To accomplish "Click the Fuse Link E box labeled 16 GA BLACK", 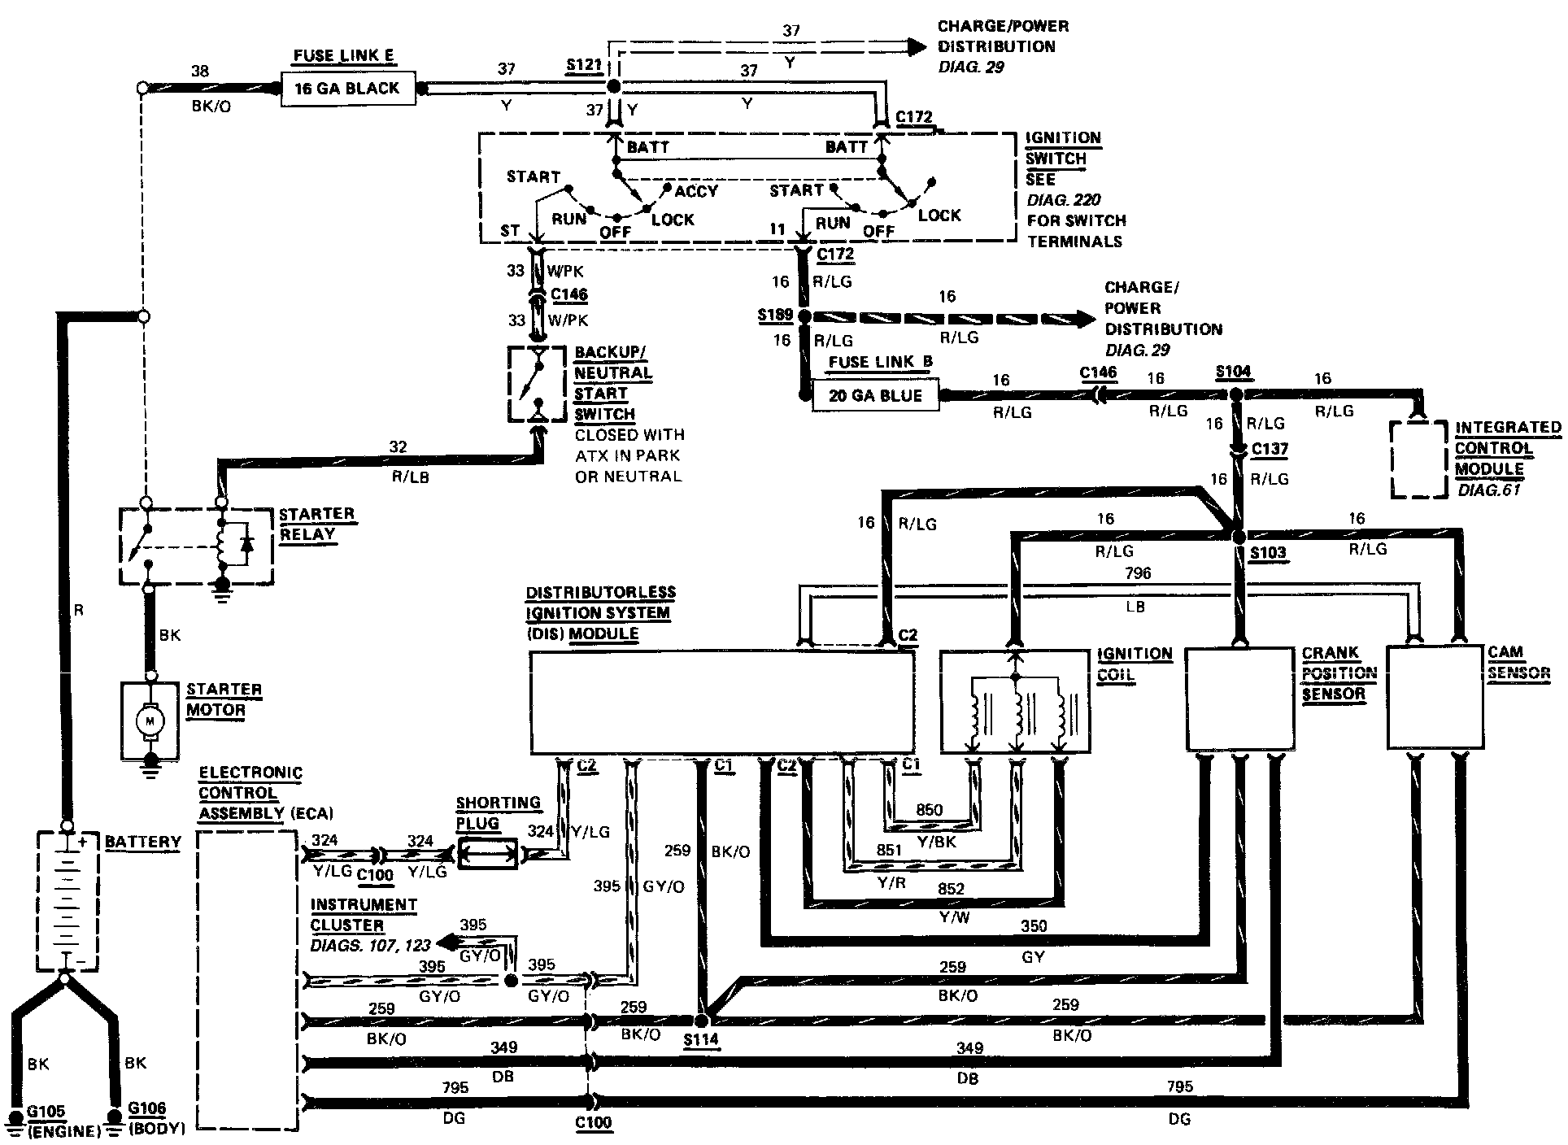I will (347, 89).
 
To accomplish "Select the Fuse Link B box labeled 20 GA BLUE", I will (875, 396).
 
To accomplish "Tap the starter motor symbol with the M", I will (149, 720).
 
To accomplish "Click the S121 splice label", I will (583, 65).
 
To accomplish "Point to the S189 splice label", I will (774, 315).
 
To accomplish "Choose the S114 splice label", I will (701, 1039).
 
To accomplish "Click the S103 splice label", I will (1268, 554).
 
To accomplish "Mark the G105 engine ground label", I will (46, 1112).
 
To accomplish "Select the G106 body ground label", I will (146, 1108).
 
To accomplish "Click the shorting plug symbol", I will (487, 854).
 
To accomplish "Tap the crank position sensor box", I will (1239, 699).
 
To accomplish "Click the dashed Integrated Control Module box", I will (1418, 459).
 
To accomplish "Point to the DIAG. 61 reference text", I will (1488, 490).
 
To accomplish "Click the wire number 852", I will (951, 889).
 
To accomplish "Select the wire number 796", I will (1138, 573).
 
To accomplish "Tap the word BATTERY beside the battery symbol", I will (143, 842).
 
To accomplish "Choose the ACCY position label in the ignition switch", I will (696, 191).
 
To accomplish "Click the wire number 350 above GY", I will (1034, 926).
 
